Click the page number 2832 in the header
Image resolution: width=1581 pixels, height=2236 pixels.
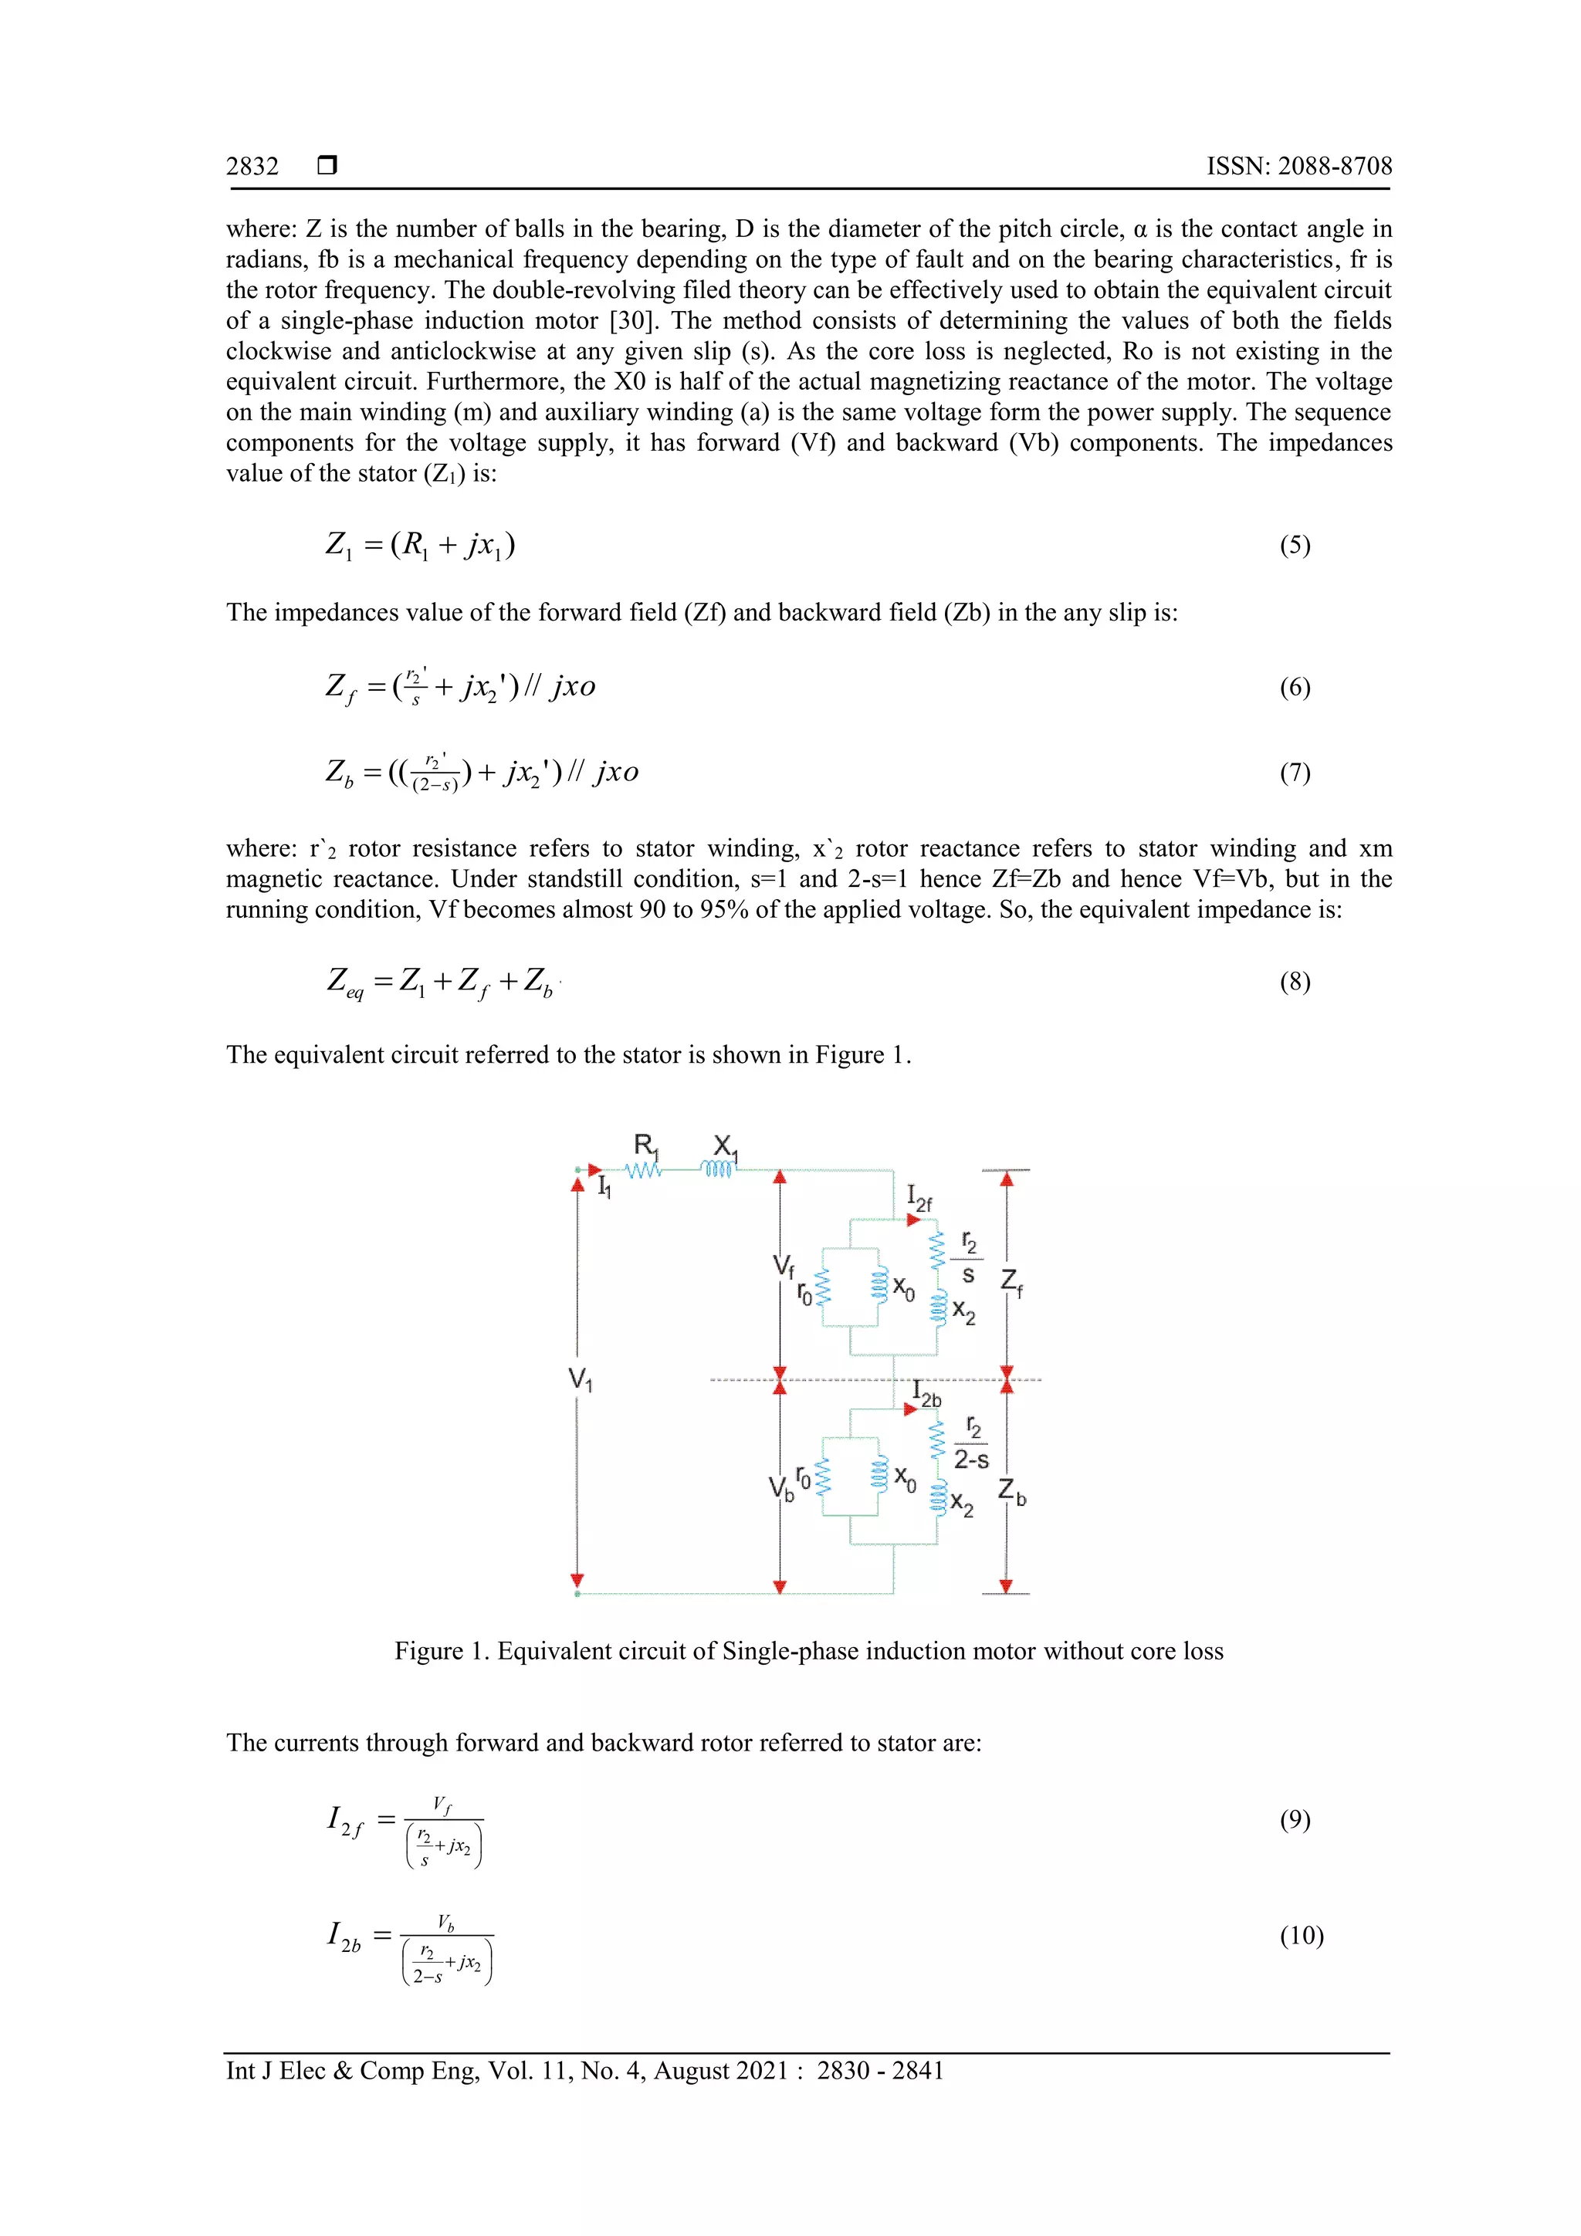tap(252, 167)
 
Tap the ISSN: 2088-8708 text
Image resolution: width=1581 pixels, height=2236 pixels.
tap(1298, 167)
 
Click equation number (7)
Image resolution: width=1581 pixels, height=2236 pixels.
tap(1294, 773)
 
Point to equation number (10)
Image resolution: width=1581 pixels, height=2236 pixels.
tap(1301, 1935)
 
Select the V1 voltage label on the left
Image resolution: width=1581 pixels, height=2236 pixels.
tap(581, 1379)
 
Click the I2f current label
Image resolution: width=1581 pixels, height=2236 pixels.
tap(919, 1198)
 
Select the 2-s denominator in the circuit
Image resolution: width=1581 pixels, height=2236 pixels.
tap(971, 1460)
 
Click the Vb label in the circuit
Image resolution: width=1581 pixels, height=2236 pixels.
tap(781, 1488)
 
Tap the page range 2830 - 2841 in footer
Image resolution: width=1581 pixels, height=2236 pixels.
tap(879, 2071)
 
